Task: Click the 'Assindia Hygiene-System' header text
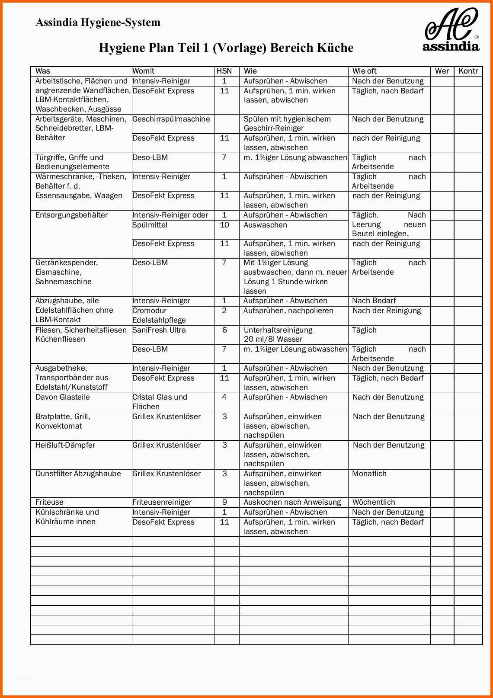click(98, 22)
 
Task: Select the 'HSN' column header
click(224, 71)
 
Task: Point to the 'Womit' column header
click(144, 71)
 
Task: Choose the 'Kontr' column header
click(468, 71)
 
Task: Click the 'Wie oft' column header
click(365, 71)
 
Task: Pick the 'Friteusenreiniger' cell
click(162, 502)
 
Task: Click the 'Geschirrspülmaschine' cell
click(171, 119)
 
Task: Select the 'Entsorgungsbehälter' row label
click(72, 215)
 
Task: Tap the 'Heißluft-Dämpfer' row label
click(65, 445)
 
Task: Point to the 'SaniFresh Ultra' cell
click(159, 330)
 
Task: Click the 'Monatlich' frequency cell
click(369, 474)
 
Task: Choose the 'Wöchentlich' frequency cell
click(374, 502)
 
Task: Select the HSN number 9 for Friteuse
click(224, 502)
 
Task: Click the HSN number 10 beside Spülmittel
click(224, 225)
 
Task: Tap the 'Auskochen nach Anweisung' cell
click(292, 502)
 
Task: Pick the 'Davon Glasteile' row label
click(63, 397)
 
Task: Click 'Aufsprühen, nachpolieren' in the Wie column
click(288, 311)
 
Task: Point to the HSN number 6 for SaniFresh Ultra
click(224, 330)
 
